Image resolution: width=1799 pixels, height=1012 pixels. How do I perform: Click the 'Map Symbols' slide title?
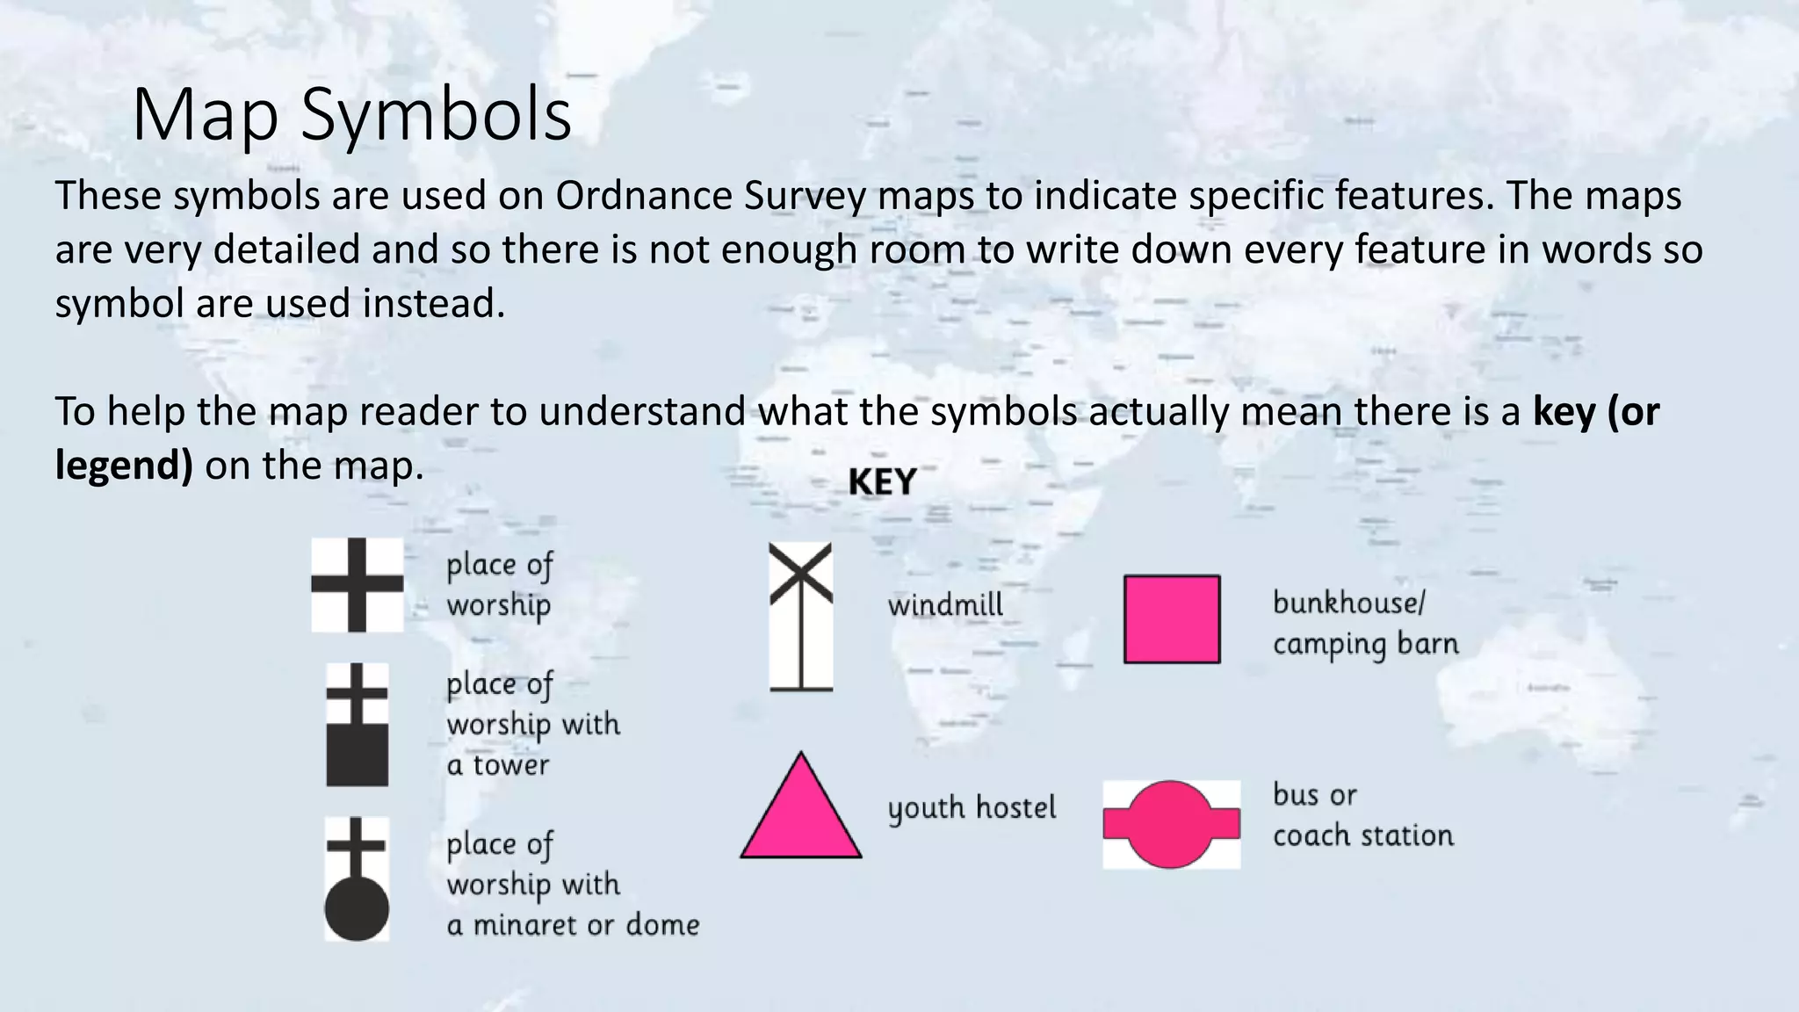click(x=351, y=116)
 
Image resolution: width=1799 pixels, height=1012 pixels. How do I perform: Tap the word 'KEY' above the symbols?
click(x=882, y=482)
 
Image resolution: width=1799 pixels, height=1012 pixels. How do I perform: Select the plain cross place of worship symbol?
click(x=357, y=585)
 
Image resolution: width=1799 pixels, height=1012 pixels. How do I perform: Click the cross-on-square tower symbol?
click(x=357, y=725)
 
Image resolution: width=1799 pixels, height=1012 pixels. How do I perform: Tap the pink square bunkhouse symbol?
click(x=1172, y=619)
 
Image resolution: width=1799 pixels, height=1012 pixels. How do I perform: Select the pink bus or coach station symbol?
click(x=1172, y=825)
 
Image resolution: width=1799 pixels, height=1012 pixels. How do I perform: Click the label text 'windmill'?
click(x=945, y=605)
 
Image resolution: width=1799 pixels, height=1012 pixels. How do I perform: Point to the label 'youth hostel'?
click(x=972, y=808)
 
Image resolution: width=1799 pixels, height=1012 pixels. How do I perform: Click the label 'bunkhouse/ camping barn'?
click(x=1365, y=624)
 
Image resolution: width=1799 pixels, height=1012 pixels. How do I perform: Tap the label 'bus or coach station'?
click(x=1362, y=815)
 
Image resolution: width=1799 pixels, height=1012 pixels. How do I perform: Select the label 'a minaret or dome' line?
click(x=573, y=925)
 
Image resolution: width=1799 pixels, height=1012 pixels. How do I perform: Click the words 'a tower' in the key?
click(x=497, y=765)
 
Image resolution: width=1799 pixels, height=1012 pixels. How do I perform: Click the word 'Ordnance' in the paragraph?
click(x=643, y=196)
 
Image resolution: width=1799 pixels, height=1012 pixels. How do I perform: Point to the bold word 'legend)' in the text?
click(x=124, y=466)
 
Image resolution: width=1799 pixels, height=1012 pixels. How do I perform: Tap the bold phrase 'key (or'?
click(x=1595, y=412)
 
